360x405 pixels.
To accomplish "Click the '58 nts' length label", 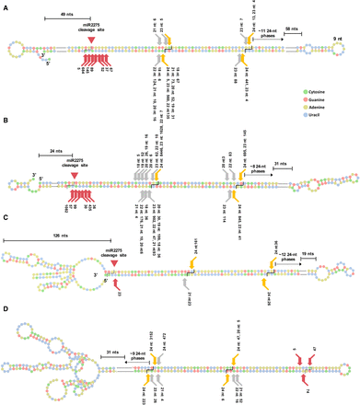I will [x=292, y=29].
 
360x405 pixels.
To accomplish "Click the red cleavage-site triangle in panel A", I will [x=89, y=39].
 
